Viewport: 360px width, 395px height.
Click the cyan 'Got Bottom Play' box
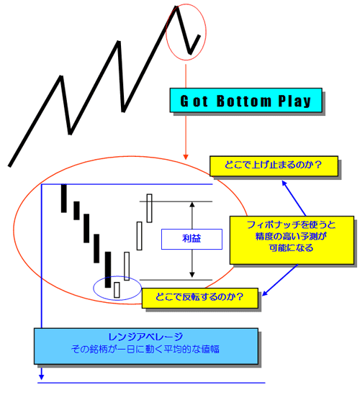point(246,100)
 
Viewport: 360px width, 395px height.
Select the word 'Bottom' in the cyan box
point(244,101)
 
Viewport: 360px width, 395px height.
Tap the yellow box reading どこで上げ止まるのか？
point(274,165)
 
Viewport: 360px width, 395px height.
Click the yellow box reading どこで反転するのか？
point(200,298)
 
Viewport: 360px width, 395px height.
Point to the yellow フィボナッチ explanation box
point(292,240)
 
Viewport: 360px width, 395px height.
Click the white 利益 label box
point(192,239)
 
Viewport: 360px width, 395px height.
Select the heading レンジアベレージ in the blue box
point(145,337)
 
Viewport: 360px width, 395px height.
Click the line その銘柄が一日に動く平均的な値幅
point(145,349)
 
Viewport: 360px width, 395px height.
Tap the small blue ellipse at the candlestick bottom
point(94,289)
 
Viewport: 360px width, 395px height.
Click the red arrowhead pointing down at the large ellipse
point(186,157)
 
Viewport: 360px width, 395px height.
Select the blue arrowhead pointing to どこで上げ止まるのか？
point(284,183)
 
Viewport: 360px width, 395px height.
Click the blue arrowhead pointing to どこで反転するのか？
point(265,294)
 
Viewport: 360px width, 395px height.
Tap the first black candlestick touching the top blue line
point(64,199)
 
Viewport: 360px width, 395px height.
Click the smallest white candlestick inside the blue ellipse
point(117,290)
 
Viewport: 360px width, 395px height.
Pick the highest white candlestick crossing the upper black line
point(149,208)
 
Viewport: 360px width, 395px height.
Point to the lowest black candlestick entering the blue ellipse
point(108,270)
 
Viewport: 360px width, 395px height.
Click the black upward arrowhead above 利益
point(192,204)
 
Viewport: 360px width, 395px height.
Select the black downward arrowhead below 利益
point(192,275)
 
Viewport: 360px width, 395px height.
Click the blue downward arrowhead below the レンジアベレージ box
point(42,377)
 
